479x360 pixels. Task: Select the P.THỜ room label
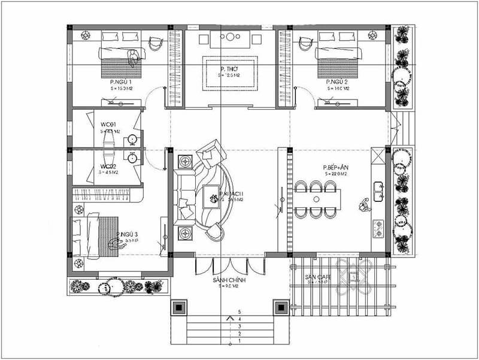(230, 69)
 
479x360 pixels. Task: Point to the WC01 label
(108, 125)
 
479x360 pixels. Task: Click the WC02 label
(108, 167)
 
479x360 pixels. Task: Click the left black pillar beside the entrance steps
(180, 308)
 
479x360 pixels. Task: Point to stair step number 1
(239, 341)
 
